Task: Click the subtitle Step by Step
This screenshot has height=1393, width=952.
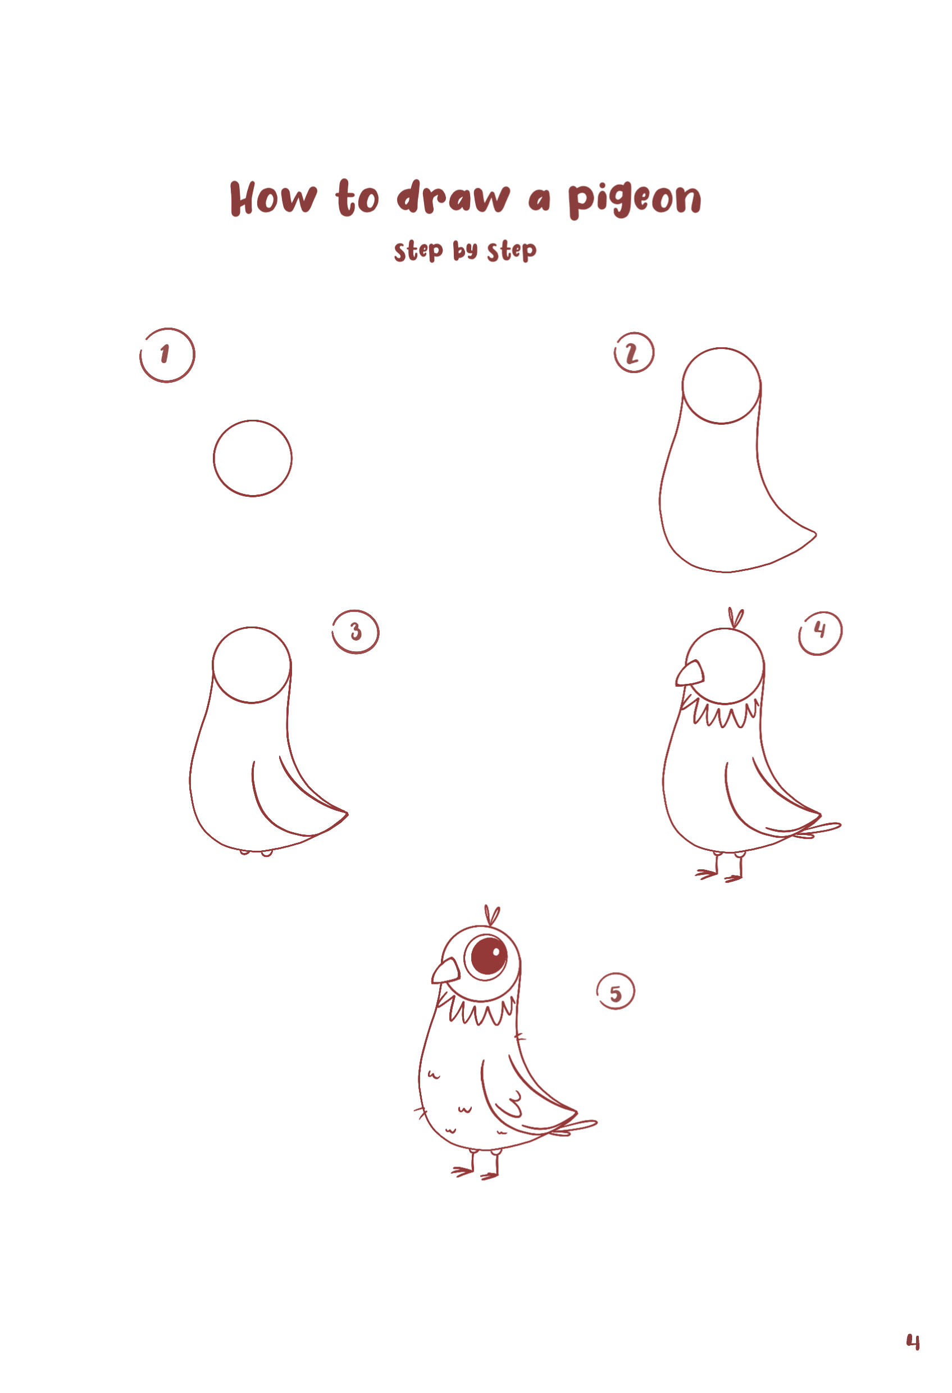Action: pyautogui.click(x=465, y=251)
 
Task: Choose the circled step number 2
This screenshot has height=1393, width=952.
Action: pyautogui.click(x=634, y=353)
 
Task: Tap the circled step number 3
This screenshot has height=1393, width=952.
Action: pyautogui.click(x=356, y=632)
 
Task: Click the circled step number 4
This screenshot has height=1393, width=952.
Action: pyautogui.click(x=820, y=633)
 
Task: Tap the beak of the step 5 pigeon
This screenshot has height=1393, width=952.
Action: pyautogui.click(x=446, y=972)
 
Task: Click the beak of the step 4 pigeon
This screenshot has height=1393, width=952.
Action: pyautogui.click(x=690, y=674)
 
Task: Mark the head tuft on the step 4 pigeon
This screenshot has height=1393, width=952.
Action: pyautogui.click(x=736, y=618)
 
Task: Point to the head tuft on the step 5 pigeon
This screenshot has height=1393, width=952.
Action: pyautogui.click(x=492, y=915)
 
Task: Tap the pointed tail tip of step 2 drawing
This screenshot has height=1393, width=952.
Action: pyautogui.click(x=816, y=532)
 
